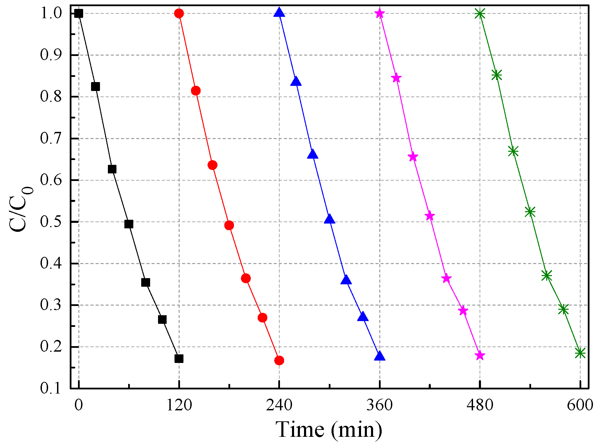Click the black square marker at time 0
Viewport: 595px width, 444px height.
coord(79,13)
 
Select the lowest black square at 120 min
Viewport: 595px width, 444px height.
coord(179,358)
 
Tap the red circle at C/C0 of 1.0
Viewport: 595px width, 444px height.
coord(179,13)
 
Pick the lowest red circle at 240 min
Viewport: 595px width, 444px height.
coord(279,361)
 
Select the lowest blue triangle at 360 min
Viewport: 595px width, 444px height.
coord(380,356)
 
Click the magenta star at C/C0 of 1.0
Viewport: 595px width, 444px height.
coord(380,13)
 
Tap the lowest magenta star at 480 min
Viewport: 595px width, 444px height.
coord(480,356)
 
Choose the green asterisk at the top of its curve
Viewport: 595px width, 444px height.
coord(480,14)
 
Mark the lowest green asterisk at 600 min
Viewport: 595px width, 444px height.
coord(580,353)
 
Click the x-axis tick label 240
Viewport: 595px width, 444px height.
coord(279,405)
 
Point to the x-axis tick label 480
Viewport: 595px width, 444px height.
coord(480,405)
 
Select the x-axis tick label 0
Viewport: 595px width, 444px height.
coord(79,405)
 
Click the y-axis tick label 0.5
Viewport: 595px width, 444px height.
coord(50,222)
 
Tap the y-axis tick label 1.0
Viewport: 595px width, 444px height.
coord(50,13)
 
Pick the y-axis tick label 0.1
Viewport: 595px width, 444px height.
coord(50,388)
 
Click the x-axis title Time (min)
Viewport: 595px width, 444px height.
coord(329,429)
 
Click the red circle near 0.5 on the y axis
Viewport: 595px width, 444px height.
coord(229,225)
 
